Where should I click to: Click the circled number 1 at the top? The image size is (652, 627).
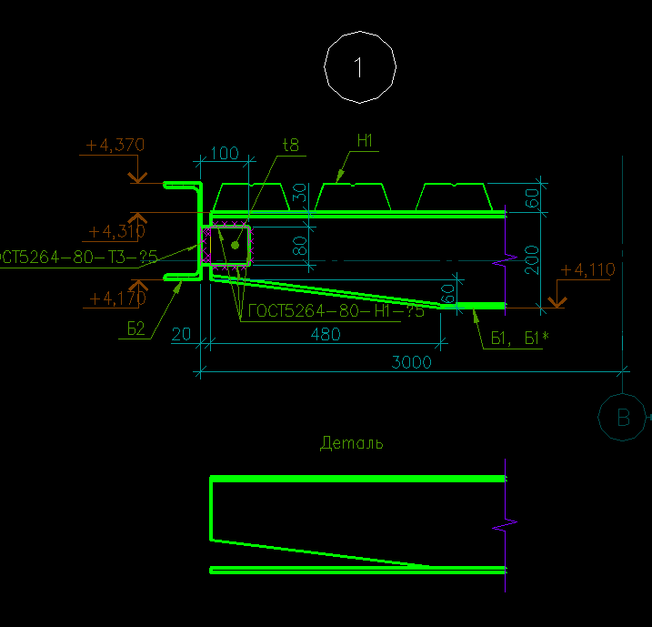pyautogui.click(x=360, y=66)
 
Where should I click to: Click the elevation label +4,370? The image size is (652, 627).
pyautogui.click(x=115, y=145)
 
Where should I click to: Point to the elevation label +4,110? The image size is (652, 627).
pyautogui.click(x=587, y=270)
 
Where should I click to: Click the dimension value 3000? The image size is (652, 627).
pyautogui.click(x=411, y=361)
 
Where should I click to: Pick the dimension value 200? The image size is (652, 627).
pyautogui.click(x=533, y=259)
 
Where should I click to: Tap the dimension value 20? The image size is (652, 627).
pyautogui.click(x=182, y=335)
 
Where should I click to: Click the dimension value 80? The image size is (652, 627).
pyautogui.click(x=300, y=245)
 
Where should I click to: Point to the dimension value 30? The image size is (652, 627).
pyautogui.click(x=300, y=196)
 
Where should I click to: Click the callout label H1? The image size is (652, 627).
pyautogui.click(x=366, y=140)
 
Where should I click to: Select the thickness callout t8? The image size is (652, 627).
pyautogui.click(x=291, y=144)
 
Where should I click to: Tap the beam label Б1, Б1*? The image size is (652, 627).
pyautogui.click(x=520, y=339)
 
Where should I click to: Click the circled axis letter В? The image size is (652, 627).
pyautogui.click(x=624, y=418)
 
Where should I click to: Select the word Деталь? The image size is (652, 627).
pyautogui.click(x=351, y=443)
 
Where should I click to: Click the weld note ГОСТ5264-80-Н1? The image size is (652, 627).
pyautogui.click(x=336, y=311)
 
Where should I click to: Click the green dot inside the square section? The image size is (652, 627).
pyautogui.click(x=235, y=245)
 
